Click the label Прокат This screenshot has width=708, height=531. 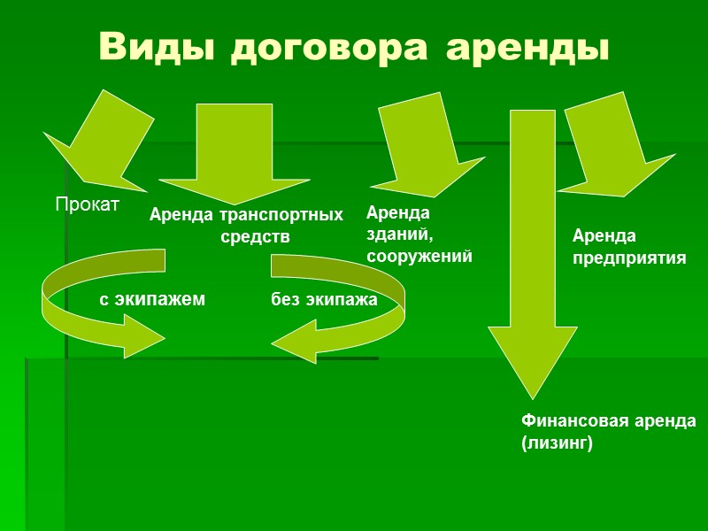pos(87,204)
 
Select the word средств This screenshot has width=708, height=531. pos(255,237)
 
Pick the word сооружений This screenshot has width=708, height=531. pos(419,257)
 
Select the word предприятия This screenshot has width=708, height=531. pos(629,258)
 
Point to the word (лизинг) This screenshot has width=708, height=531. pos(556,443)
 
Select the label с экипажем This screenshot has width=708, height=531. pos(152,300)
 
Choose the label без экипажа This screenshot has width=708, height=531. pos(324,300)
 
